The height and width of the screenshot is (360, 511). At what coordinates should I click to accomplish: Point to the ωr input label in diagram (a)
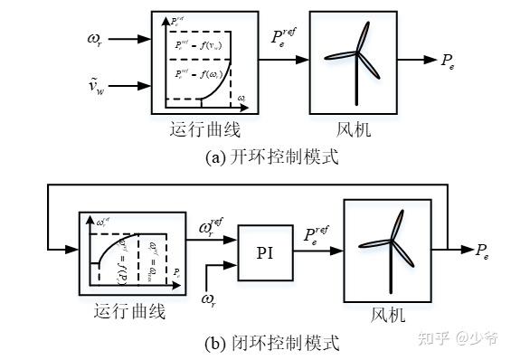[x=92, y=38]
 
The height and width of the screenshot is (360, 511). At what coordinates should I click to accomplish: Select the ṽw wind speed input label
[x=92, y=85]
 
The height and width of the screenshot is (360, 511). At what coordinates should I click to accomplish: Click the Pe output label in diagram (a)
[x=448, y=61]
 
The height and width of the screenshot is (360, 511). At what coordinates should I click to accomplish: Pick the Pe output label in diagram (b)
[x=486, y=250]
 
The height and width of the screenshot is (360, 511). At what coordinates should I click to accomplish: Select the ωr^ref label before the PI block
[x=213, y=227]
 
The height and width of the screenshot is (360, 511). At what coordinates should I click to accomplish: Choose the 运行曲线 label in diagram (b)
[x=129, y=312]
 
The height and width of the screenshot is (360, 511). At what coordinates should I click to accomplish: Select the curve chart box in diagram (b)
[x=129, y=248]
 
